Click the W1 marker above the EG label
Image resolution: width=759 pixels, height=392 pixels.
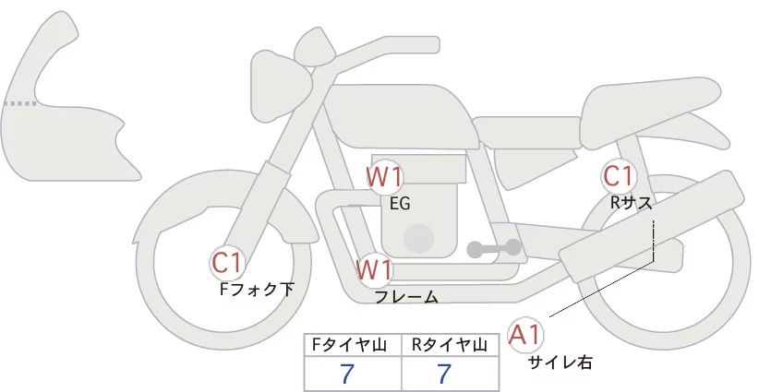point(384,176)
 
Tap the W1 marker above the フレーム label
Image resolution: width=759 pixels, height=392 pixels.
point(376,271)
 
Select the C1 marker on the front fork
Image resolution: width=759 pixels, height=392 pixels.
point(227,263)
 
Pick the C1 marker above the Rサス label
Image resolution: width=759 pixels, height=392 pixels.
point(618,175)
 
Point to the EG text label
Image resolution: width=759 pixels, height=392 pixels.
point(399,204)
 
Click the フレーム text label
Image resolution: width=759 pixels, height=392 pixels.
point(406,297)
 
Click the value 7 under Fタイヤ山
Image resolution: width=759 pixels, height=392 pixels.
point(347,374)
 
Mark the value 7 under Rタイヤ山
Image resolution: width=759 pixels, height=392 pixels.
point(445,374)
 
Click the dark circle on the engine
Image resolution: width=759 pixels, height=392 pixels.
point(419,237)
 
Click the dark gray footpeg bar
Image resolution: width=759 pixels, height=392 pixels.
point(495,248)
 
